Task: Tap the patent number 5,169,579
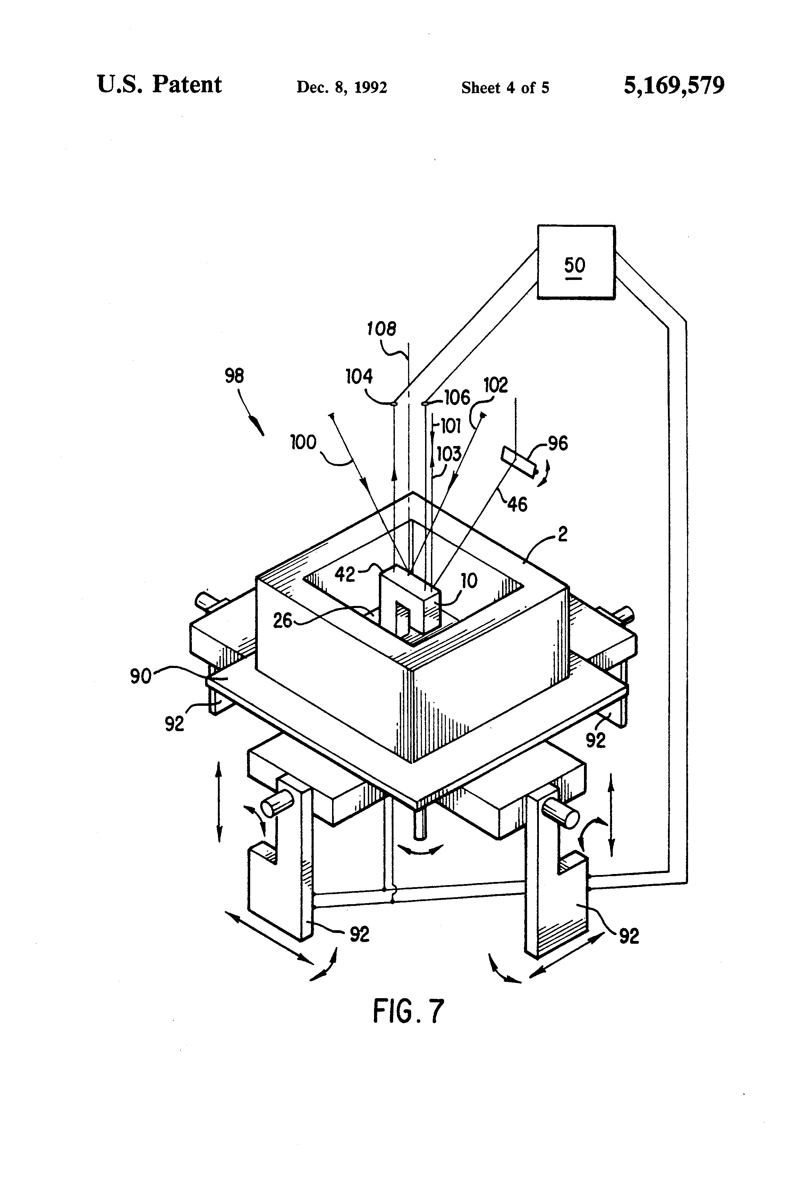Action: click(x=674, y=85)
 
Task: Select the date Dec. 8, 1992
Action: click(x=342, y=87)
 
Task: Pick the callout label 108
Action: click(x=381, y=329)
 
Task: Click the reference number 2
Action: click(x=562, y=534)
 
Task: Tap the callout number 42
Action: click(x=345, y=574)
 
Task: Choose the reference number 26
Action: click(x=283, y=620)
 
